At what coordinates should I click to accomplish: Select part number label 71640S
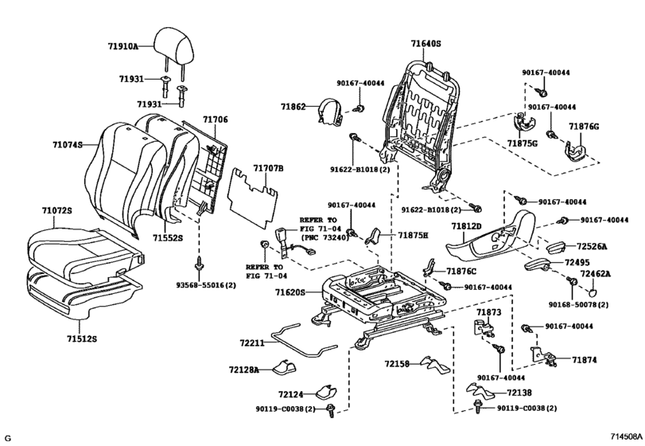[425, 43]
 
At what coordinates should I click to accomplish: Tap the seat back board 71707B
[254, 198]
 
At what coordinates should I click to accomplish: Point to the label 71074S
[68, 144]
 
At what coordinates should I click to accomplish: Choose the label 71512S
[82, 339]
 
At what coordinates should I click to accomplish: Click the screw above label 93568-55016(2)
[200, 263]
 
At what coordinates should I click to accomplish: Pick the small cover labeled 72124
[327, 392]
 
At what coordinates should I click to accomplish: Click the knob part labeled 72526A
[557, 248]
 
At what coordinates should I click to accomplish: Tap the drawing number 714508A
[626, 436]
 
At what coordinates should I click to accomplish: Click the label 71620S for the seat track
[290, 292]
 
